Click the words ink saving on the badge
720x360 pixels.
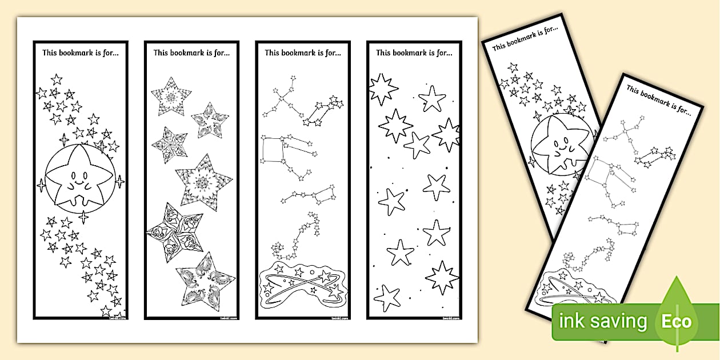pos(603,322)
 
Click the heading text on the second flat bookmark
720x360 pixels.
pos(191,53)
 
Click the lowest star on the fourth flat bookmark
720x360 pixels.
pos(387,298)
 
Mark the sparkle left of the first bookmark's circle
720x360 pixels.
pos(41,185)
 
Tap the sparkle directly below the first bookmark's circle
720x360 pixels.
pos(83,217)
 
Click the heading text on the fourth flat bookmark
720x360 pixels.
pos(414,53)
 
